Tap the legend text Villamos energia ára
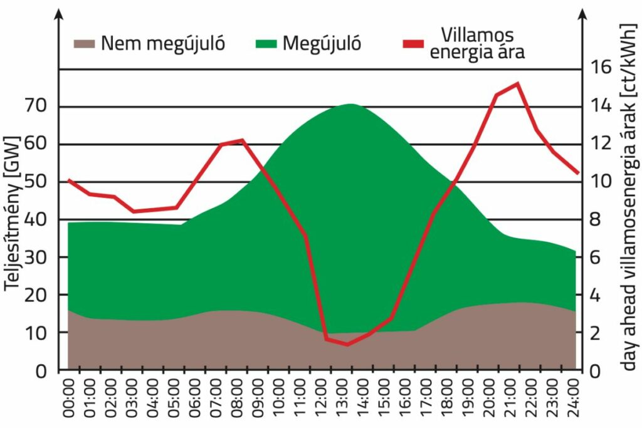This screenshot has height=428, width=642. coord(476,43)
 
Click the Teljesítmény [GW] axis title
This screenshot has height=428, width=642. coord(12,213)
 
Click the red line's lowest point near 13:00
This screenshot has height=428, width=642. coord(347,344)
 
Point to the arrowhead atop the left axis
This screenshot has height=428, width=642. coord(58,14)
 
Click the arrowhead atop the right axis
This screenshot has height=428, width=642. coord(582,14)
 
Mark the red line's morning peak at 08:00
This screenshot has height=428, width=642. coord(242,140)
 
